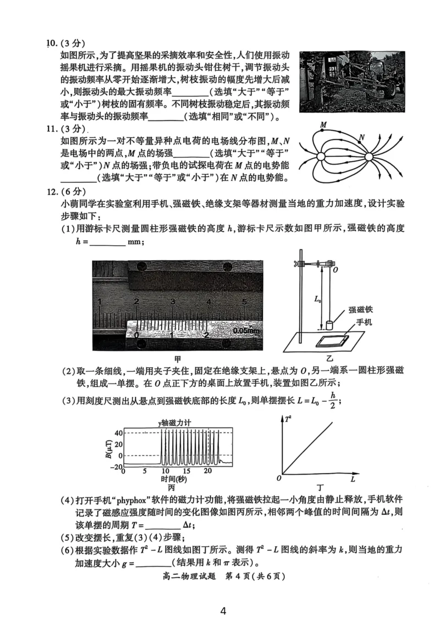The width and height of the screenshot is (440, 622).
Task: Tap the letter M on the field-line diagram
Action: pyautogui.click(x=323, y=125)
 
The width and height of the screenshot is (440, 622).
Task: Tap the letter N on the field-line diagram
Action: pyautogui.click(x=362, y=137)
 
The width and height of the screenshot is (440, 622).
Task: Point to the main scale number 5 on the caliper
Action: pyautogui.click(x=244, y=302)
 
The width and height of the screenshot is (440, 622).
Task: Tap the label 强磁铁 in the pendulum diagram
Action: pyautogui.click(x=360, y=310)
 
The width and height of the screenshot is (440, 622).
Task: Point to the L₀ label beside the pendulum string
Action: pyautogui.click(x=318, y=299)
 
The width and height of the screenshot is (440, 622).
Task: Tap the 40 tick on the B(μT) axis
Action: pyautogui.click(x=118, y=432)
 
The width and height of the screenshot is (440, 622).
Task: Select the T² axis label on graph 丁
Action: pyautogui.click(x=288, y=419)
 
